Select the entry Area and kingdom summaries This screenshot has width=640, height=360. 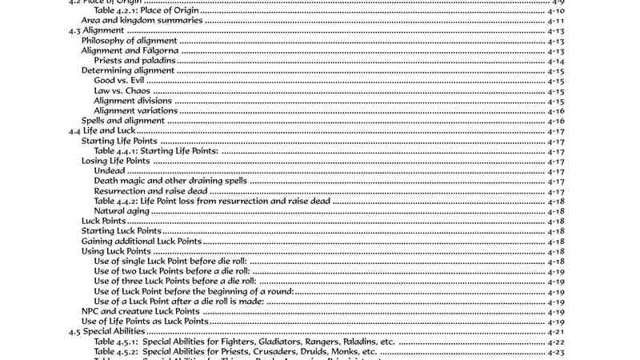tap(129, 21)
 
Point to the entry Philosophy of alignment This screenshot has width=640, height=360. tap(128, 41)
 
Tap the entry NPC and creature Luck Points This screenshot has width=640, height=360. tap(139, 311)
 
